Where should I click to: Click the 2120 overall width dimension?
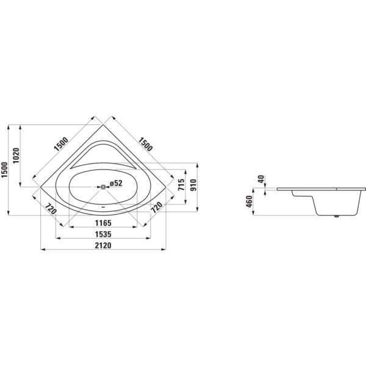tap(103, 245)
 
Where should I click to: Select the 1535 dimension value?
tap(103, 234)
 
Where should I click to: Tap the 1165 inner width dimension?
tap(103, 223)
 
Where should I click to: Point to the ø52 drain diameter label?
tap(116, 183)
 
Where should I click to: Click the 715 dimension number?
tap(181, 185)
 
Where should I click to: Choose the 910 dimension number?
tap(193, 185)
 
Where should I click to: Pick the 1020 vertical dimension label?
tap(16, 156)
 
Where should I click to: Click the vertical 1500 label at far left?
tap(4, 170)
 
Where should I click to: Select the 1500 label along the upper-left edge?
tap(61, 144)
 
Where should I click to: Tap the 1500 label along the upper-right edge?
tap(145, 144)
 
